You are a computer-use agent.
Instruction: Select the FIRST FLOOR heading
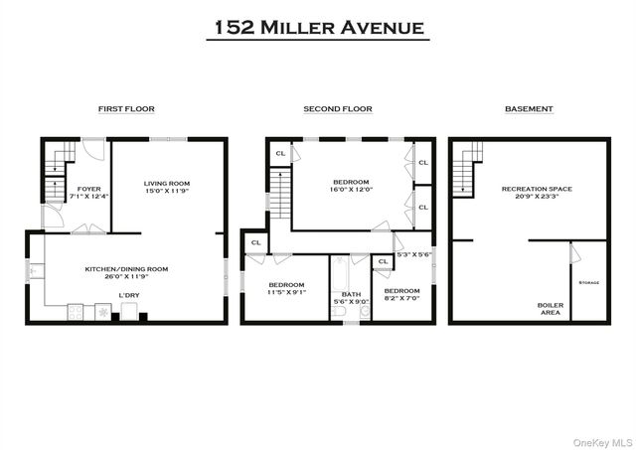tap(126, 108)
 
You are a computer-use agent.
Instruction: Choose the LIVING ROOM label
tap(167, 183)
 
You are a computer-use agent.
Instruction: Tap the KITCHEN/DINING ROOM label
tap(126, 268)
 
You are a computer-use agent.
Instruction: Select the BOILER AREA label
tap(550, 308)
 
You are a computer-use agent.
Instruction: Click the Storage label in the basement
tap(589, 283)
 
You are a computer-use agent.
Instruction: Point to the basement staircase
tap(467, 169)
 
